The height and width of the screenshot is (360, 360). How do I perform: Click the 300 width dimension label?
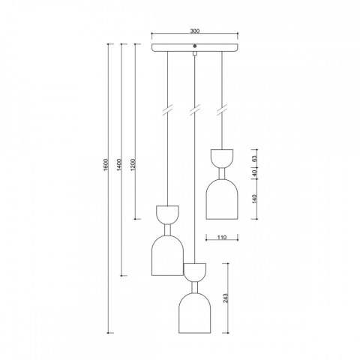point(195,31)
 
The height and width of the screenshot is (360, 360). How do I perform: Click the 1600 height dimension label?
point(106,165)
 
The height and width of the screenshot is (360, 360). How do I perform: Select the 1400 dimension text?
point(119,165)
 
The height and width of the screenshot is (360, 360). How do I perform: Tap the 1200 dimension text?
point(133,165)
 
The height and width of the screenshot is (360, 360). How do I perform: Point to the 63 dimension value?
point(254,159)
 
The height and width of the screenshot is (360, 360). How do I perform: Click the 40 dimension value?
point(254,173)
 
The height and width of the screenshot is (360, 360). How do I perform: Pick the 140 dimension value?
point(254,199)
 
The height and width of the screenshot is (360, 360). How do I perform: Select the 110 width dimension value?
point(221,237)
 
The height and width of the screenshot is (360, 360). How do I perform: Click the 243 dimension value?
point(226,298)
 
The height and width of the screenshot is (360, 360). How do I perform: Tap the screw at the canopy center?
point(195,46)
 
